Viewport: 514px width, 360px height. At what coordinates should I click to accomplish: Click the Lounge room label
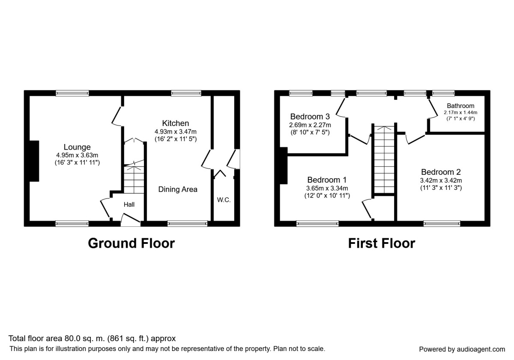coord(77,147)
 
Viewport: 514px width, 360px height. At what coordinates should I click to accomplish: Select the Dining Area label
coord(178,189)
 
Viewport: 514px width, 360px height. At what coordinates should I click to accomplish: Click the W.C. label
coord(224,200)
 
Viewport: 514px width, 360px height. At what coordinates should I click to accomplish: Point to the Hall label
coord(129,204)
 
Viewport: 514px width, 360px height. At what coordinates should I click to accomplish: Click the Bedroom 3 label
coord(310,116)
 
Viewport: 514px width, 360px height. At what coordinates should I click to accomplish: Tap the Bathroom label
coord(460,106)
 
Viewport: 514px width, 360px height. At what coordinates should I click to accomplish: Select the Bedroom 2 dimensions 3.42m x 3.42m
coord(441,180)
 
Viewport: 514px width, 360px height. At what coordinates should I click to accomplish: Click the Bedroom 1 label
coord(327,180)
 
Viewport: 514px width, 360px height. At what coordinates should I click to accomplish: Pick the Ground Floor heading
coord(131,243)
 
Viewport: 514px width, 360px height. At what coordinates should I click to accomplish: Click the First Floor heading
coord(381,243)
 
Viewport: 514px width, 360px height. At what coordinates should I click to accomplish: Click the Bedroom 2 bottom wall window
coord(442,223)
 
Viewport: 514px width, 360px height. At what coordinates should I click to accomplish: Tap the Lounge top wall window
coord(72,93)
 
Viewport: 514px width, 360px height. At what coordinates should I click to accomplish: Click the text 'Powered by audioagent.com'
coord(462,349)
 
